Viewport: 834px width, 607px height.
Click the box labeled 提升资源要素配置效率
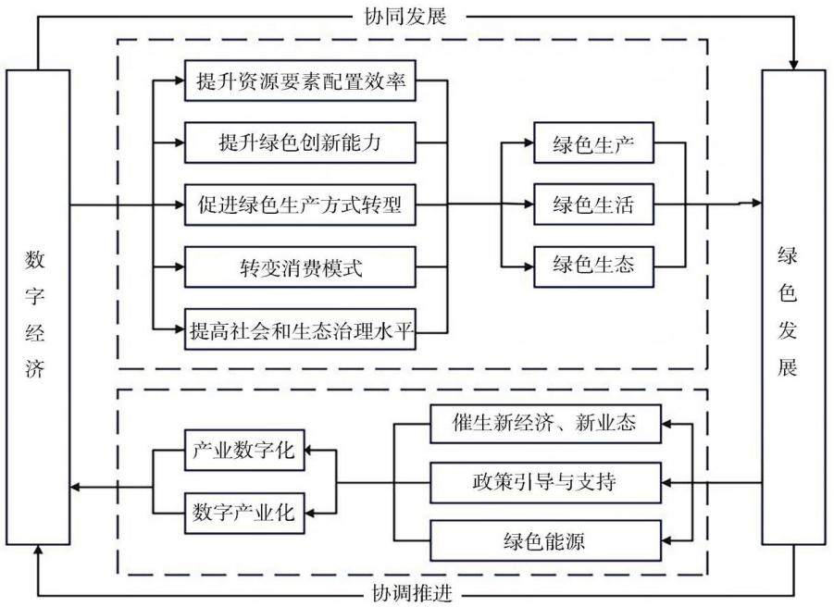point(300,81)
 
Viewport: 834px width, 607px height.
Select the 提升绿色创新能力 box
point(300,142)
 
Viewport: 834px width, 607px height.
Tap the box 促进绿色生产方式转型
point(300,204)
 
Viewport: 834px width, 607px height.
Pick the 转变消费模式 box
point(300,266)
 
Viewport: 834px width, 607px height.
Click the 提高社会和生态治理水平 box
point(300,329)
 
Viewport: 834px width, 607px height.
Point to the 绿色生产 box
point(593,143)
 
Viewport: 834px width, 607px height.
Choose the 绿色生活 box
point(593,204)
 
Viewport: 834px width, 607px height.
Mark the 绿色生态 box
point(593,266)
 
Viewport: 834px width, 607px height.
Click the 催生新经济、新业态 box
point(545,424)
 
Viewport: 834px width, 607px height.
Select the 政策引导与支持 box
point(545,483)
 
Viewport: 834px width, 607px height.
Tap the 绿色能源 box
point(545,541)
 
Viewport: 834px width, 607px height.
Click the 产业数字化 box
point(244,451)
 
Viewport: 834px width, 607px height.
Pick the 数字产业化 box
point(244,513)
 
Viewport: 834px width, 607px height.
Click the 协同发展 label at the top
point(405,17)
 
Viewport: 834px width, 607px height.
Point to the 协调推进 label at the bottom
point(412,592)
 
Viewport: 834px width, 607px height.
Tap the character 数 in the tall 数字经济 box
point(34,260)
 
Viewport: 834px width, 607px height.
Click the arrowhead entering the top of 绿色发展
point(793,65)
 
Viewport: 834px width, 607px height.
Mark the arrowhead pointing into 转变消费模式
point(178,266)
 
